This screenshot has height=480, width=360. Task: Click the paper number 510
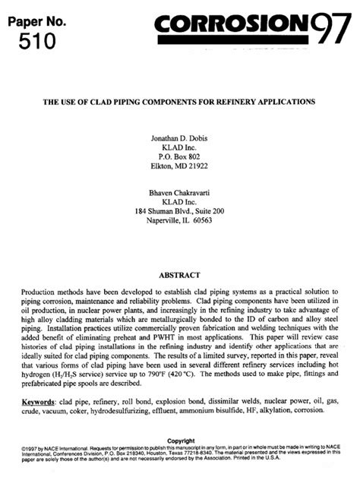click(x=36, y=39)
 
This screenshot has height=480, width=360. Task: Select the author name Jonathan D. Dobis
click(x=180, y=137)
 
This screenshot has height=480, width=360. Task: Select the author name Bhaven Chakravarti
click(x=180, y=192)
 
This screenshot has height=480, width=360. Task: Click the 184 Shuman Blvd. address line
click(x=180, y=211)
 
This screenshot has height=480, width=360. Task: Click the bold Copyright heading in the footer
click(x=180, y=441)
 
